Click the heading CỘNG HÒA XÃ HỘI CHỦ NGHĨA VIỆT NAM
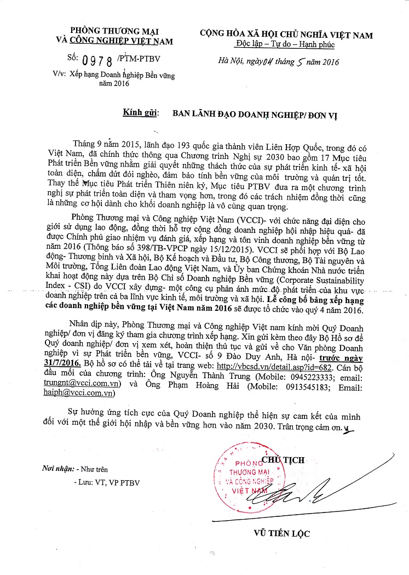coord(286,35)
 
